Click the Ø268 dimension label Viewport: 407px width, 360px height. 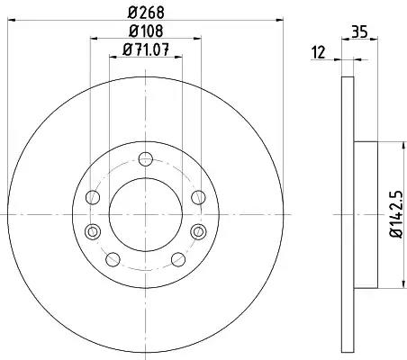click(x=144, y=12)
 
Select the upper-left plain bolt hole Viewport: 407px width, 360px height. click(x=93, y=198)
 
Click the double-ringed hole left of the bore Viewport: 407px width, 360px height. click(x=90, y=231)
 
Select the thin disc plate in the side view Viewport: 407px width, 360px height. click(x=347, y=214)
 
